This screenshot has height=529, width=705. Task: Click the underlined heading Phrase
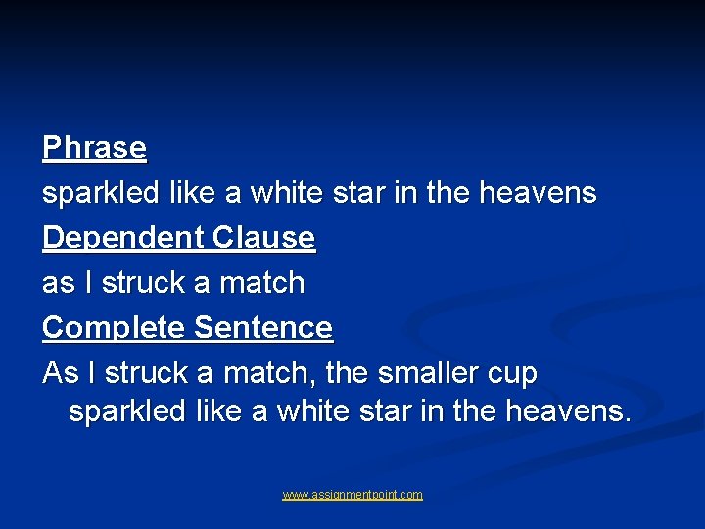click(94, 148)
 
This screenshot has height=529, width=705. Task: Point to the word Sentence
click(263, 328)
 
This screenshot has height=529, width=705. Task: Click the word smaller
click(427, 373)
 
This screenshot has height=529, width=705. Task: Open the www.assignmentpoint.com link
click(352, 495)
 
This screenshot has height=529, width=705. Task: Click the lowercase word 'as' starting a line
click(57, 284)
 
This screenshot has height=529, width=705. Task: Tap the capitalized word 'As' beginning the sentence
click(59, 373)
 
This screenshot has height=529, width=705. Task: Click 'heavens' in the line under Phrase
click(537, 193)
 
